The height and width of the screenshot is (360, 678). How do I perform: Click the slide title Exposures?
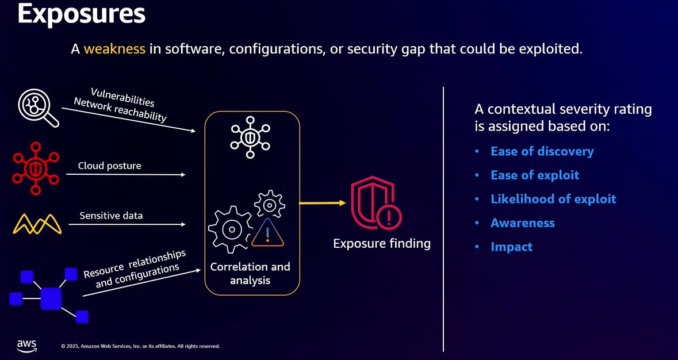(x=81, y=14)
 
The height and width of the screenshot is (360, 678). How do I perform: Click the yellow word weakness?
(x=114, y=49)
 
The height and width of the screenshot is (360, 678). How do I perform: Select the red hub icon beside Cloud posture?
(x=36, y=168)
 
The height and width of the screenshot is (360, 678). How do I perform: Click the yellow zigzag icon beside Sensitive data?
(x=37, y=224)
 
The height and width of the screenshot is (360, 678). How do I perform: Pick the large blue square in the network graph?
(x=51, y=298)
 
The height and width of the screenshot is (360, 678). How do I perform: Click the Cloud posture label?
(x=110, y=166)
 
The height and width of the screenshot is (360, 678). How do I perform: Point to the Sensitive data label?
(x=111, y=216)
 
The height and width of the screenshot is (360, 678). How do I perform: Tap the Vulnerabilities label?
(x=122, y=97)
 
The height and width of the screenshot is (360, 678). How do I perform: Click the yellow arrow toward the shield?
(x=322, y=203)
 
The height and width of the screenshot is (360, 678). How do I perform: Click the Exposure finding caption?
(x=382, y=243)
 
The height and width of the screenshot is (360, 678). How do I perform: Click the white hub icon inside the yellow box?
(x=250, y=137)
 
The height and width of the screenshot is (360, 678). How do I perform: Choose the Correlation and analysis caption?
(x=250, y=274)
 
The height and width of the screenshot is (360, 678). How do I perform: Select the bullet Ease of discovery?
(x=542, y=151)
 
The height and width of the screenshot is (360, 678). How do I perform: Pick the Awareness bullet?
(x=522, y=223)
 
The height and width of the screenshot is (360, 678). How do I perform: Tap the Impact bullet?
(x=511, y=247)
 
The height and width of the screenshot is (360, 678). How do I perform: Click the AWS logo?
(x=26, y=345)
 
